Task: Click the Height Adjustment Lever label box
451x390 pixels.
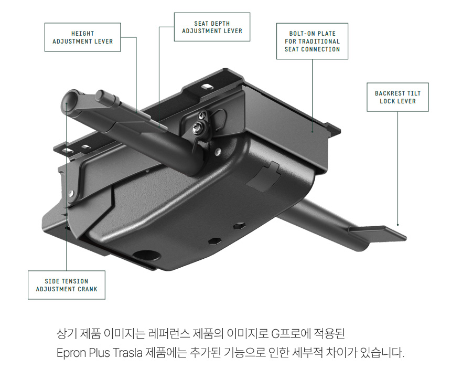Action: point(82,37)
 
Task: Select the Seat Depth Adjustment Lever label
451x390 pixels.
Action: point(212,27)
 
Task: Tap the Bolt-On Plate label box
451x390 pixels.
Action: point(313,41)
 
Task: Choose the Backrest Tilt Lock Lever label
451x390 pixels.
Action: point(398,97)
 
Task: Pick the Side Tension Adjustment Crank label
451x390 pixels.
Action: point(67,285)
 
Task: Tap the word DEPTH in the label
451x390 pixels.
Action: point(221,23)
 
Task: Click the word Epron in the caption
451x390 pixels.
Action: point(71,353)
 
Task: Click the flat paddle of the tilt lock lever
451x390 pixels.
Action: point(377,233)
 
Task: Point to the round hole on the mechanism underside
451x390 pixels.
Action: point(147,255)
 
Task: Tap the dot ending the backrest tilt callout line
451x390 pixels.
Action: point(398,225)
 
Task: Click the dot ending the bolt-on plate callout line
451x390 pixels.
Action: point(313,132)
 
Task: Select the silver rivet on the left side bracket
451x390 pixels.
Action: point(71,193)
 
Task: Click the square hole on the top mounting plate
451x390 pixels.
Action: point(206,87)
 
